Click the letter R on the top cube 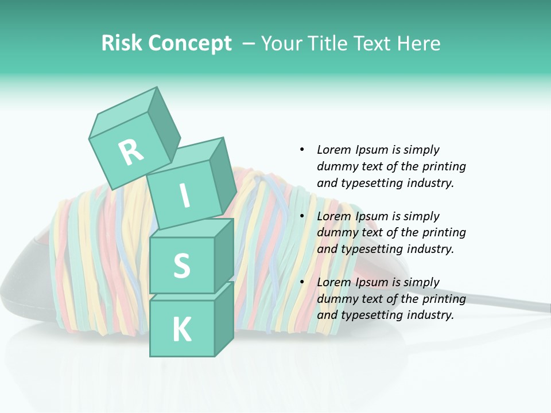131,153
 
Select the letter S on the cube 181,266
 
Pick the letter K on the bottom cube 181,330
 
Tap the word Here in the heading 417,43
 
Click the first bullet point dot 302,150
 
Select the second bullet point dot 302,216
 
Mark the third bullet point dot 302,282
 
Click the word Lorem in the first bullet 334,150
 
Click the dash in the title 249,44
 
